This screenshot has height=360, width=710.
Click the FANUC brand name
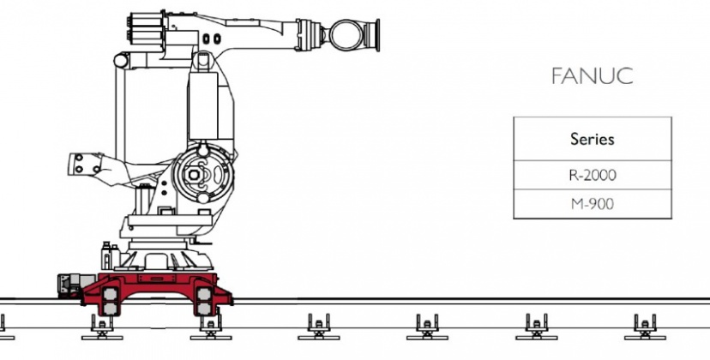pyautogui.click(x=593, y=76)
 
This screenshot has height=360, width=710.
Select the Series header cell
pyautogui.click(x=593, y=139)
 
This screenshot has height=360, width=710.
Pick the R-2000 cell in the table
pyautogui.click(x=593, y=175)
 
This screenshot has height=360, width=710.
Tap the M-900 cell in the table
pyautogui.click(x=593, y=204)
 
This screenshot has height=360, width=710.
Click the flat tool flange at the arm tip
pyautogui.click(x=375, y=35)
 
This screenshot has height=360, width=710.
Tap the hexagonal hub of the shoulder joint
pyautogui.click(x=194, y=175)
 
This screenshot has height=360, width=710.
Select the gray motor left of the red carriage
pyautogui.click(x=70, y=285)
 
